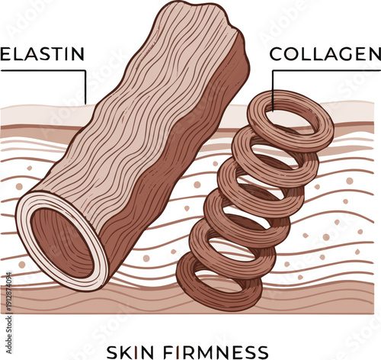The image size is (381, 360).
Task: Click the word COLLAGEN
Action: [x=325, y=55]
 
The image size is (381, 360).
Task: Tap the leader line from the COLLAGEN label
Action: [x=272, y=84]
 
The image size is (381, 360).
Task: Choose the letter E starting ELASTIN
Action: [x=5, y=55]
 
